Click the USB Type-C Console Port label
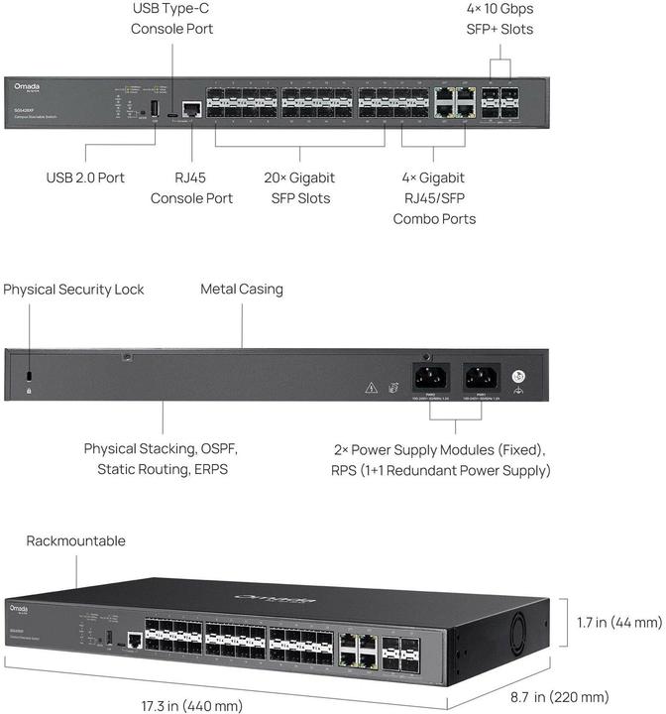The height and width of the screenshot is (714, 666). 171,19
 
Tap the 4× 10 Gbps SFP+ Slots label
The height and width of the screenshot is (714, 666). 499,19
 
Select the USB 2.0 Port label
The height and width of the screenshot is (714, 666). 85,178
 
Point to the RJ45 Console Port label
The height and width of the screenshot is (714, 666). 191,187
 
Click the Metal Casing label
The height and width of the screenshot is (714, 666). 242,290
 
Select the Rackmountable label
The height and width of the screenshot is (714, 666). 76,541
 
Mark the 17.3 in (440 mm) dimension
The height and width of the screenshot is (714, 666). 192,706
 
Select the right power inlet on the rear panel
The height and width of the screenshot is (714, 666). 481,377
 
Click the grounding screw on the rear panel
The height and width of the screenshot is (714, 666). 516,378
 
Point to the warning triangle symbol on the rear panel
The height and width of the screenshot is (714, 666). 371,387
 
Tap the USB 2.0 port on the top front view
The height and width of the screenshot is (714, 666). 155,106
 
